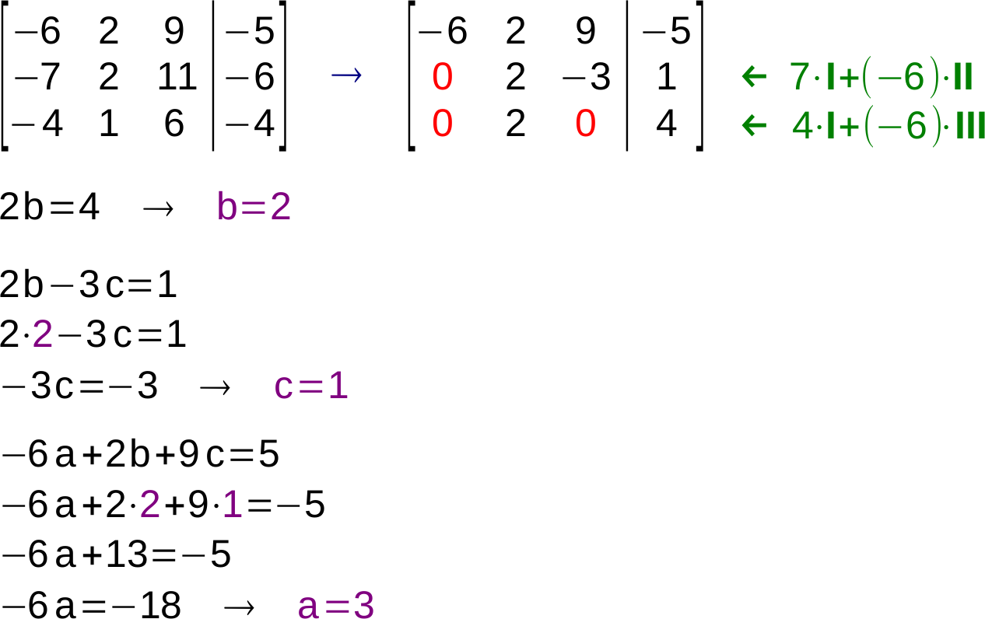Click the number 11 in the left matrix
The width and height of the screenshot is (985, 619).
(177, 76)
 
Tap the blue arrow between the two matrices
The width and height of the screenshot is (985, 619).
(346, 75)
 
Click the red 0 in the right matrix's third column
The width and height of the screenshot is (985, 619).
(585, 123)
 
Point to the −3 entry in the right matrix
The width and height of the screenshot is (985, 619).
(586, 76)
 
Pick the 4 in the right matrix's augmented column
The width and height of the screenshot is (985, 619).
(666, 123)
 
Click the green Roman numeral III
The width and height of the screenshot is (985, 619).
(970, 126)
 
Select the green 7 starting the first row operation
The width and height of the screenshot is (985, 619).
(799, 76)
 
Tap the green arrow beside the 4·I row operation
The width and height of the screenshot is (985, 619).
(755, 126)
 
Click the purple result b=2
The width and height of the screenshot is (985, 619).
(254, 206)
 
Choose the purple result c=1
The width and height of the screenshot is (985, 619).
(311, 386)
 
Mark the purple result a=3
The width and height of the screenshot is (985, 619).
(336, 605)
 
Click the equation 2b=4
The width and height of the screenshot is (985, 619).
(49, 206)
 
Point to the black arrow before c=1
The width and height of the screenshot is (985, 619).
(215, 388)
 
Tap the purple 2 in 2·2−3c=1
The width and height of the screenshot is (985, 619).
(43, 334)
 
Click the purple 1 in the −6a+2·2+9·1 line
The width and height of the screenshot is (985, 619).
(233, 504)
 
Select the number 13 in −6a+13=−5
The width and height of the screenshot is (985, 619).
(126, 554)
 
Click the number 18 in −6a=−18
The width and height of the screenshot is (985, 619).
(159, 605)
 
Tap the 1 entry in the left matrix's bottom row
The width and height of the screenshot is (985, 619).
(109, 123)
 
